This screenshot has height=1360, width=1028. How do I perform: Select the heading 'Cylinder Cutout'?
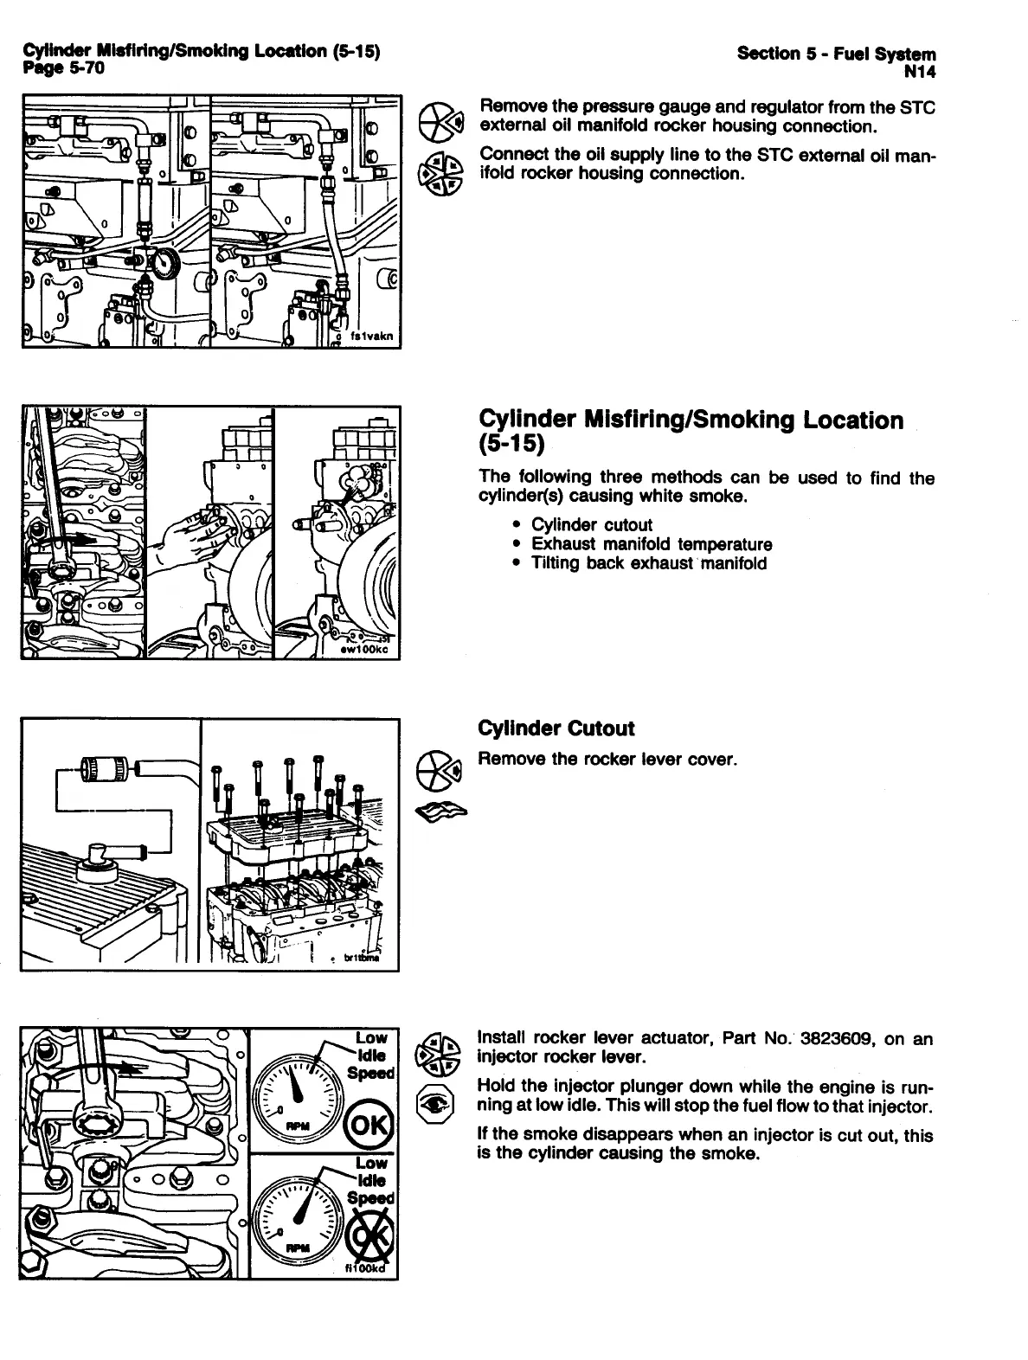click(x=556, y=728)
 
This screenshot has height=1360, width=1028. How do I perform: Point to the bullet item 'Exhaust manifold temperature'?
click(x=651, y=544)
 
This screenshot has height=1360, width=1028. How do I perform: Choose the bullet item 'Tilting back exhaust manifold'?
click(x=648, y=563)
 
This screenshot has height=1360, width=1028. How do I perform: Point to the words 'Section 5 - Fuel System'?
click(x=836, y=54)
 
